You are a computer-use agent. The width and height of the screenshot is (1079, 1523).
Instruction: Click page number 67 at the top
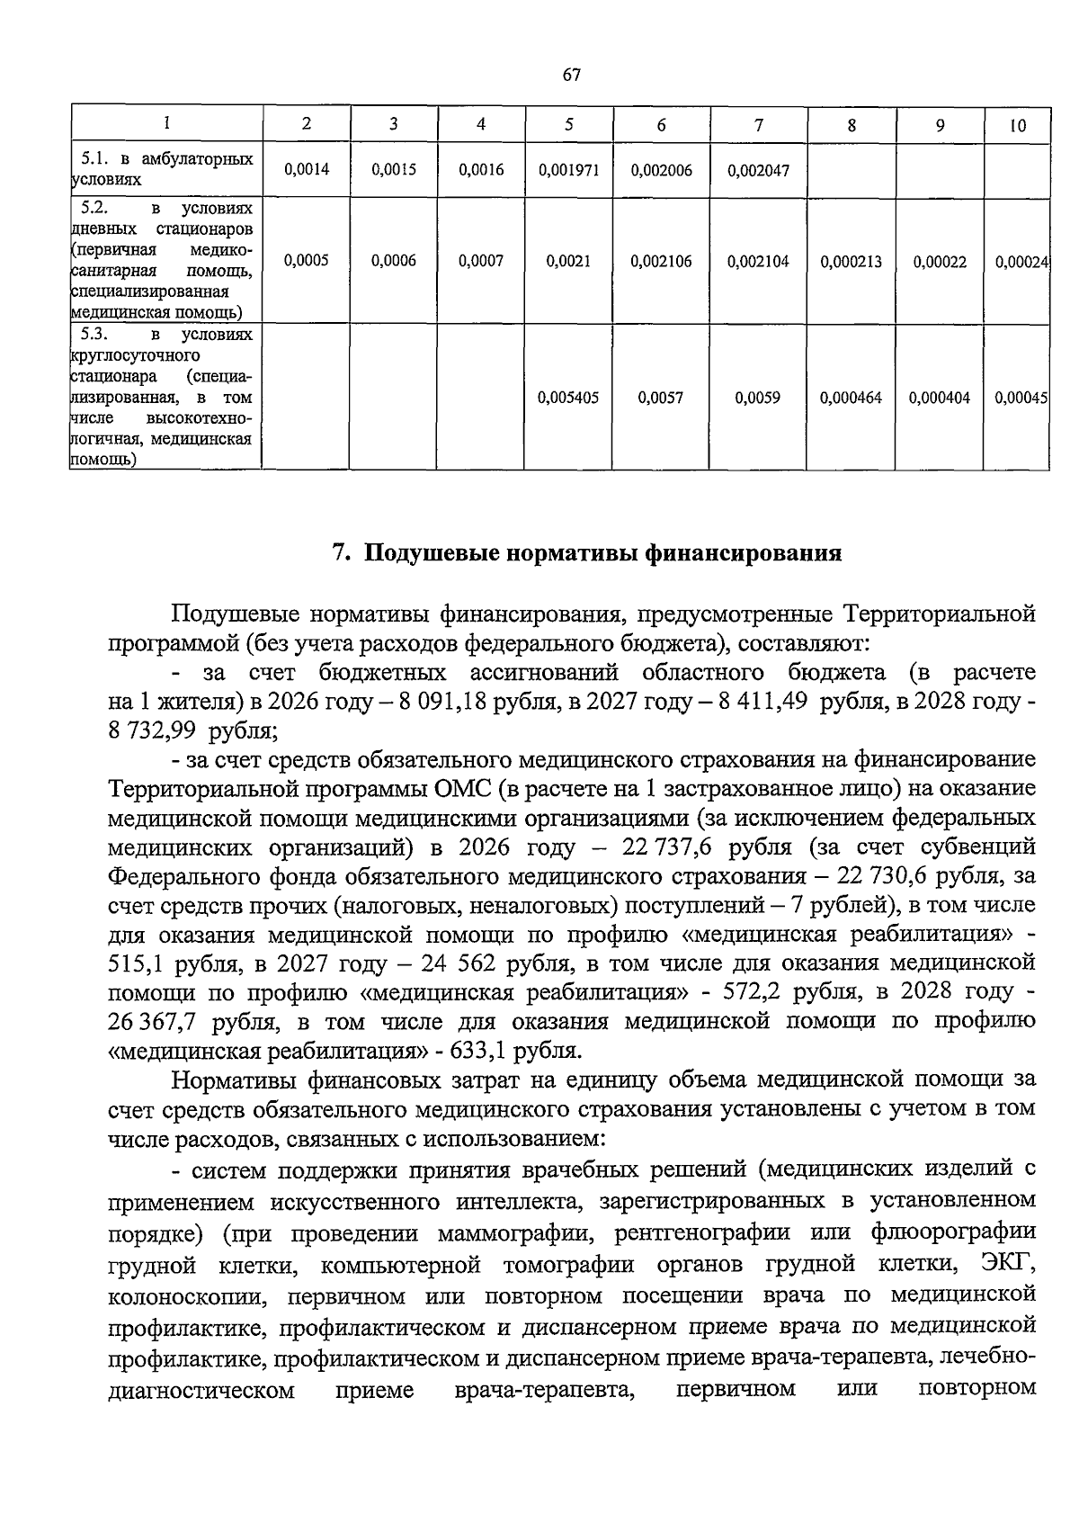[572, 76]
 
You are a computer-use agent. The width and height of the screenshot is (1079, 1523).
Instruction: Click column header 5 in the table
[569, 125]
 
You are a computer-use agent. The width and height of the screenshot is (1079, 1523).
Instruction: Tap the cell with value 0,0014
[306, 169]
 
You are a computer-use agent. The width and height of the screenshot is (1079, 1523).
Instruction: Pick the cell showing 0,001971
[568, 170]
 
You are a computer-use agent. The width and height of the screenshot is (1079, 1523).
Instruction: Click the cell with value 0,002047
[758, 170]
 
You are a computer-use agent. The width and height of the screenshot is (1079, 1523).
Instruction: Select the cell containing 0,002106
[661, 262]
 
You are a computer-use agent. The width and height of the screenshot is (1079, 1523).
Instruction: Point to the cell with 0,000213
[851, 263]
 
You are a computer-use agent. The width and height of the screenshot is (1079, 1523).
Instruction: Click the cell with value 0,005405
[568, 397]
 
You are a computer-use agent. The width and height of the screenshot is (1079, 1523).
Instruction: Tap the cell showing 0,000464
[851, 397]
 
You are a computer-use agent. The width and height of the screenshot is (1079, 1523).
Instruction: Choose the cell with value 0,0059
[758, 397]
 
